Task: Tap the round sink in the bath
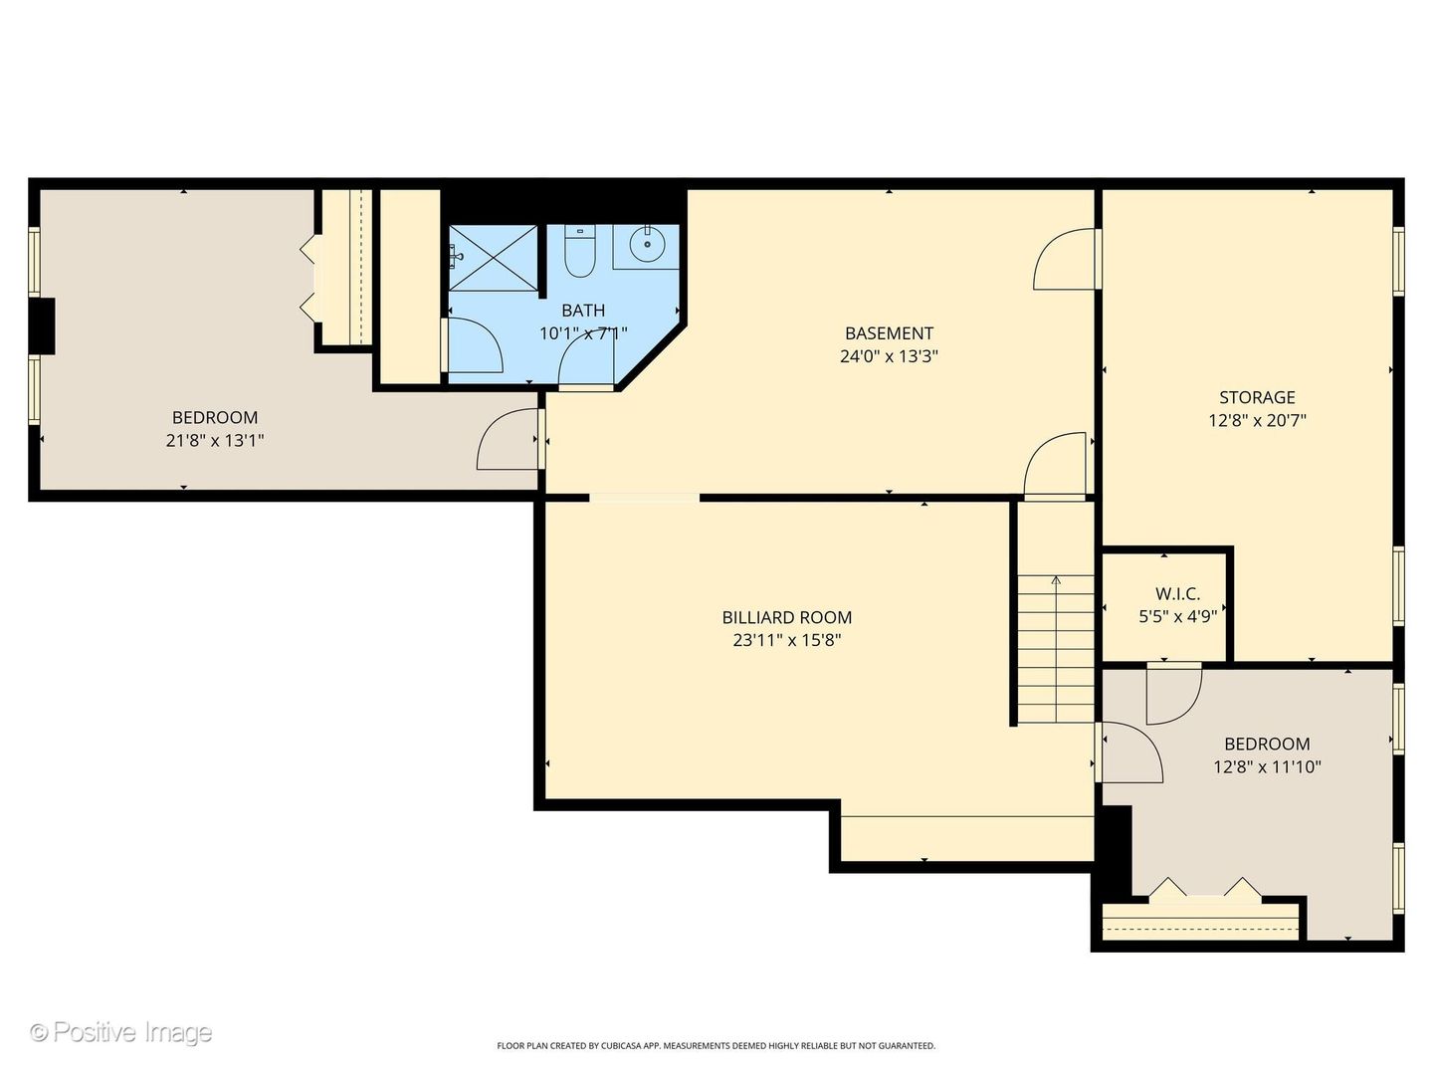pos(647,244)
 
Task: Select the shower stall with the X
pos(493,258)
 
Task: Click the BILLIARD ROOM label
pos(787,617)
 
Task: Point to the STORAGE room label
pos(1257,397)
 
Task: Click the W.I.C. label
pos(1177,594)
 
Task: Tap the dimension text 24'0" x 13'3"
pos(889,356)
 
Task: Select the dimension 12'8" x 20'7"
pos(1257,420)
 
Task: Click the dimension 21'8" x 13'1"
pos(215,441)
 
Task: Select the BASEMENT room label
pos(889,332)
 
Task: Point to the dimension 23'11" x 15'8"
pos(787,640)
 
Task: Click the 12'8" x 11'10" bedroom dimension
pos(1267,766)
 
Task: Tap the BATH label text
pos(583,310)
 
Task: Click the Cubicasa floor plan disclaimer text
pos(716,1045)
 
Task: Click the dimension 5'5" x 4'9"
pos(1177,617)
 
